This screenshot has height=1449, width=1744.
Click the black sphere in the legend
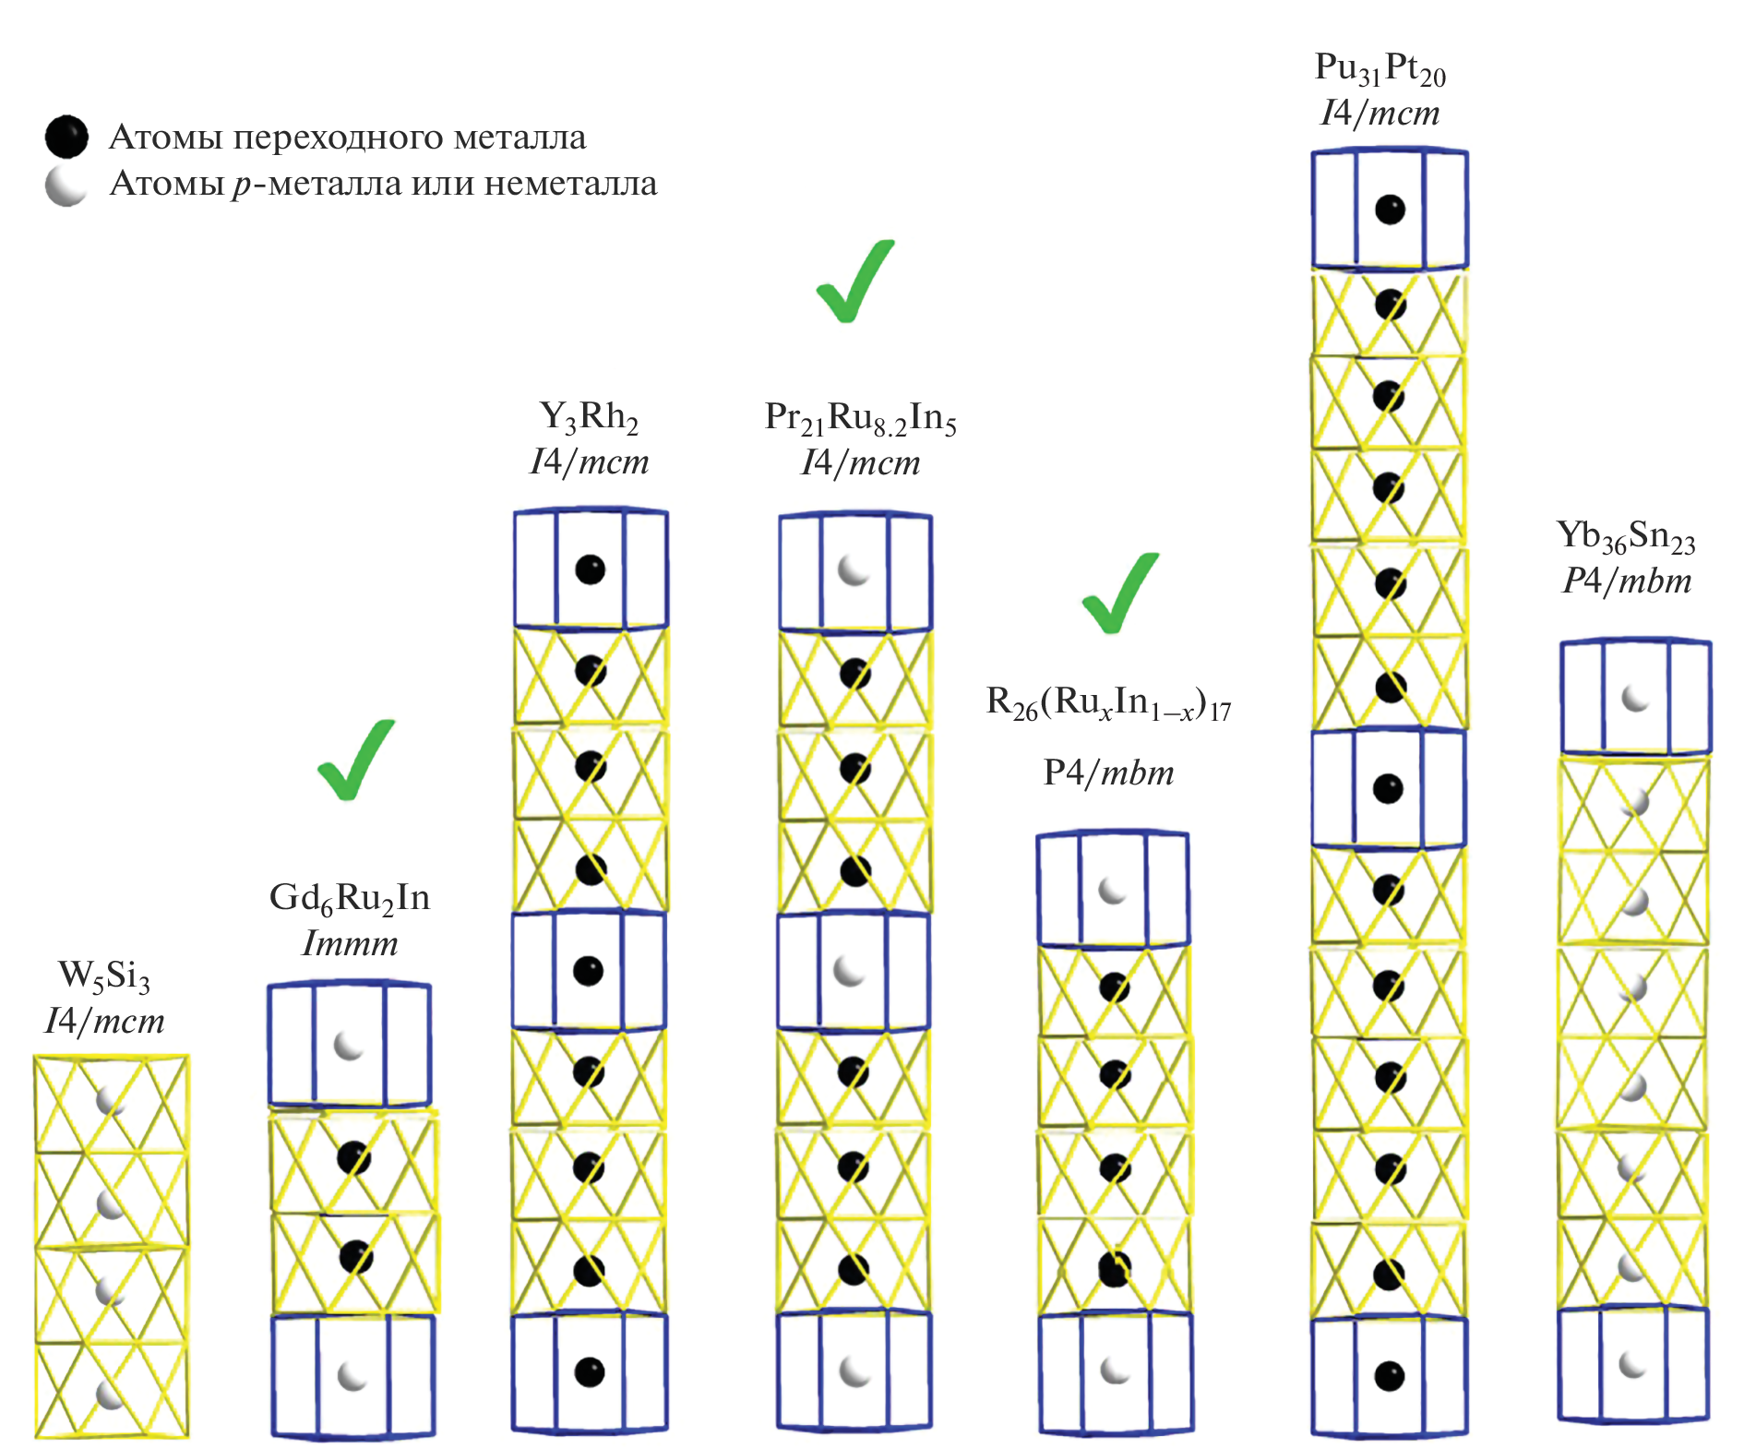point(66,137)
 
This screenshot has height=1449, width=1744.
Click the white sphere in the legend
point(66,186)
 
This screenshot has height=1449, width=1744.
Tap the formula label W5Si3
point(103,976)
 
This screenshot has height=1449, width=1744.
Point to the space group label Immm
point(350,944)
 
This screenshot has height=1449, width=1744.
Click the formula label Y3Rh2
point(589,418)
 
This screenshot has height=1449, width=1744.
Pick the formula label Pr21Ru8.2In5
point(860,418)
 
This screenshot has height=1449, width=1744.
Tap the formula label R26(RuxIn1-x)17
point(1108,704)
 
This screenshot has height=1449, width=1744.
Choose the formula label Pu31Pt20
point(1380,68)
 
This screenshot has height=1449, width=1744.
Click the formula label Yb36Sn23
point(1626,536)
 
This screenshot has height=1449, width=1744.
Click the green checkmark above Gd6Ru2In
point(356,759)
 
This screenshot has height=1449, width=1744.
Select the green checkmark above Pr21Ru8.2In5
point(855,281)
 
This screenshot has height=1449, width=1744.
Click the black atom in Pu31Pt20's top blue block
point(1390,210)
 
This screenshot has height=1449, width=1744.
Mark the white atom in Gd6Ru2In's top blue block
point(349,1046)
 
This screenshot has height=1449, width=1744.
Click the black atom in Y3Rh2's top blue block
point(590,569)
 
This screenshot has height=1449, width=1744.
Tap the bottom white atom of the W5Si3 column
point(111,1394)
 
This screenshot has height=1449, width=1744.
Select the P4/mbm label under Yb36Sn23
point(1627,581)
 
